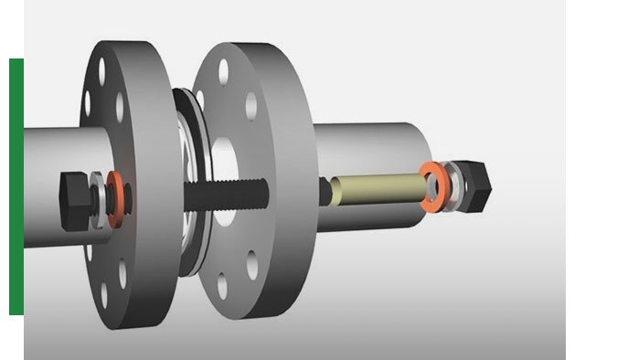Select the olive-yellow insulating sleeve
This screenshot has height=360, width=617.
(x=377, y=188)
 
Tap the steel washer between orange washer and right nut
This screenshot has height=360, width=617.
(x=450, y=186)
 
